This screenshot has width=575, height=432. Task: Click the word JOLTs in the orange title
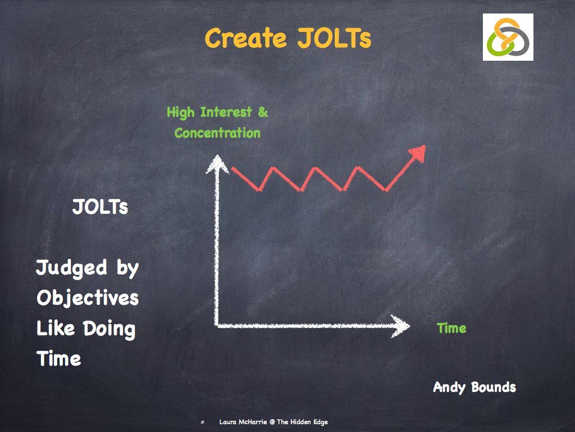point(329,38)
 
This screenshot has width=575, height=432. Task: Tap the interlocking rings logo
point(508,37)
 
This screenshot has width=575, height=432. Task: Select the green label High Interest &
point(217,112)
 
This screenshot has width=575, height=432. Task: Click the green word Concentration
point(217,133)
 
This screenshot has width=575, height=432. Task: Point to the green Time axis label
point(451,328)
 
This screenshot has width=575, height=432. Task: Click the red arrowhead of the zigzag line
point(417,154)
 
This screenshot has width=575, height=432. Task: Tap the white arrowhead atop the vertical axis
point(216,164)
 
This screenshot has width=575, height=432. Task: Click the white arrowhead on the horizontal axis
point(401,326)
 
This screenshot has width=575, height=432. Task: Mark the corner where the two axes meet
point(217,325)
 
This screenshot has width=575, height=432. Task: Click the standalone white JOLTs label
point(100,207)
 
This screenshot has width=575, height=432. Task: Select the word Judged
point(71,268)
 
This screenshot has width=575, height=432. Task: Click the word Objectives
point(88,298)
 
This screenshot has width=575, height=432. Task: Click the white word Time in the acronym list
point(58,359)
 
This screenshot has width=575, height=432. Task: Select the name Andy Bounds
point(474,387)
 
